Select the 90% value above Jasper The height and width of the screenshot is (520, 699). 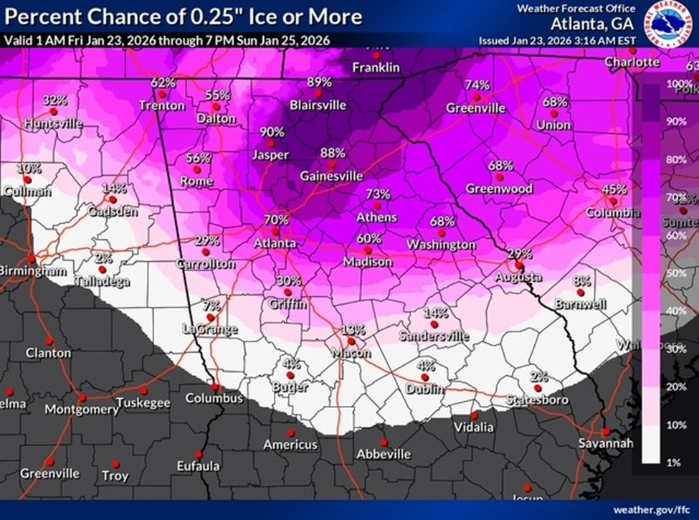[x=272, y=133]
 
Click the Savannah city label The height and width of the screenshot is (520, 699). [x=606, y=444]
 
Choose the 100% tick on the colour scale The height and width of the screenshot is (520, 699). [x=677, y=84]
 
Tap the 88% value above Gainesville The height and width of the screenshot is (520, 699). [x=332, y=153]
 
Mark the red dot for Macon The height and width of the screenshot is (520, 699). [x=351, y=341]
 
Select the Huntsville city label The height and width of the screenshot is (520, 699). [x=52, y=124]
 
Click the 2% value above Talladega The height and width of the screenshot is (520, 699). [x=103, y=258]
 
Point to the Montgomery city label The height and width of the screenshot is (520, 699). [x=82, y=410]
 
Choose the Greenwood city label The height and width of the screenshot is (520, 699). [x=500, y=189]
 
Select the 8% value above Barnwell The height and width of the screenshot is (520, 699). [x=581, y=280]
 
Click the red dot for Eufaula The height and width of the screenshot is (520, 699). [x=199, y=454]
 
